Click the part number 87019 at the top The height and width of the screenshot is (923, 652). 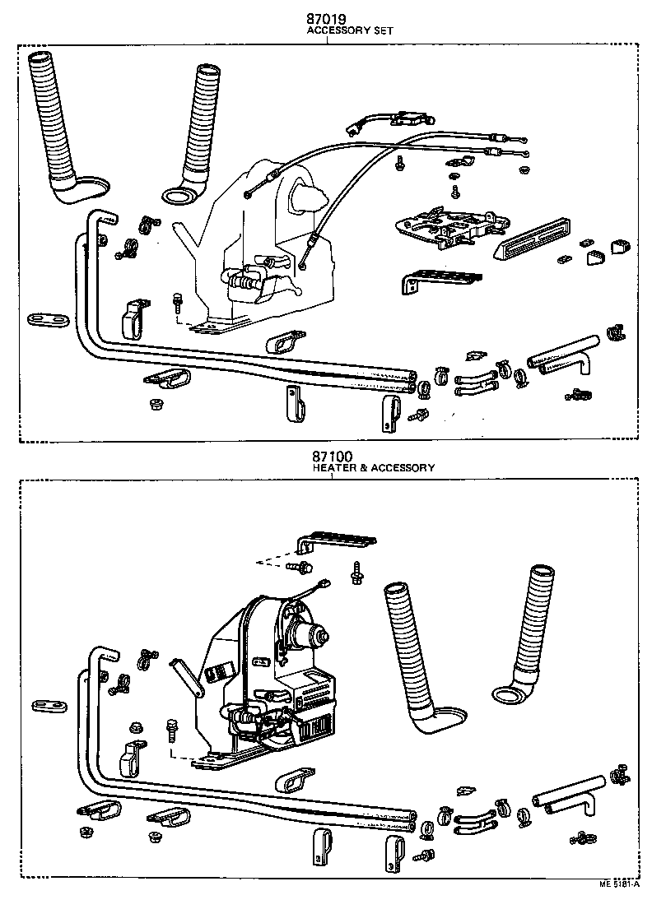pos(327,16)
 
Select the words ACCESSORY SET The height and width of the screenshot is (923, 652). pos(350,30)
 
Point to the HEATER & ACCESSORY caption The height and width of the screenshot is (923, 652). pos(373,468)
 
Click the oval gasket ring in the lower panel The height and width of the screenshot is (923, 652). pos(510,697)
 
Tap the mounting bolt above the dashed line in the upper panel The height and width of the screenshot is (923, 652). pos(177,301)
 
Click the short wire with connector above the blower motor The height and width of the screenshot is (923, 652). pos(315,590)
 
